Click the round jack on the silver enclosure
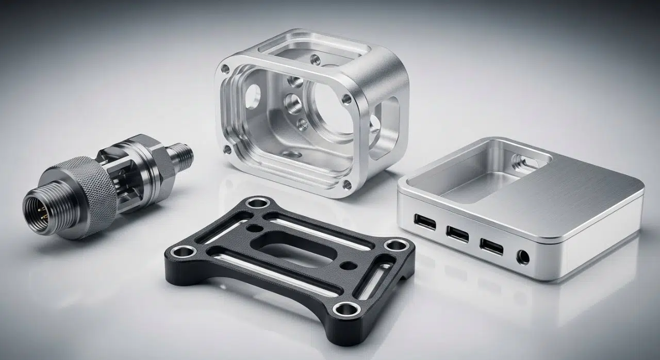tap(523, 256)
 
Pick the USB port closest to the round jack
tap(491, 246)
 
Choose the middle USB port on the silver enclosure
tap(457, 234)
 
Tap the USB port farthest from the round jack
tap(424, 223)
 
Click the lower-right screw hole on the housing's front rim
tap(346, 184)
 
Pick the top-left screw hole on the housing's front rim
tap(225, 69)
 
